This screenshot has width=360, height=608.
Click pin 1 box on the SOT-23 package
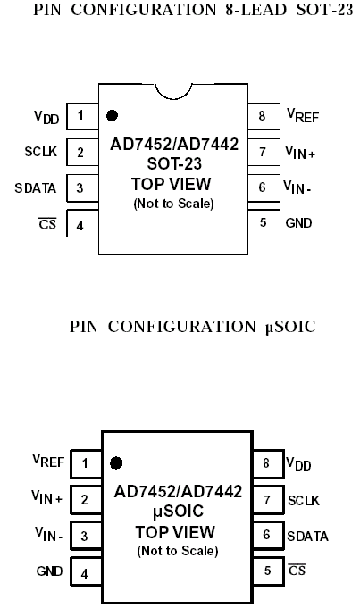coord(82,116)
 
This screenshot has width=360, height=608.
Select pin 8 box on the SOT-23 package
coord(264,116)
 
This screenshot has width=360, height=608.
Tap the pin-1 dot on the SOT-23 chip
coord(112,115)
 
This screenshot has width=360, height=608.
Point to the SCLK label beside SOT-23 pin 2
coord(41,151)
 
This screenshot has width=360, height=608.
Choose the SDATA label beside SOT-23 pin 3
coord(36,188)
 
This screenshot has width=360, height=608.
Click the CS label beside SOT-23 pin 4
coord(47,224)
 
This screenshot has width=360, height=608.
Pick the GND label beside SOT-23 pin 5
coord(298,223)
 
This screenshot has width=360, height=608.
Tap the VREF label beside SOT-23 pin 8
coord(303,115)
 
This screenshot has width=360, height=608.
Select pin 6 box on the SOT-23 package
coord(264,188)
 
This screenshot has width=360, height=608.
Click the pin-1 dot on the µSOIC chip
coord(116,462)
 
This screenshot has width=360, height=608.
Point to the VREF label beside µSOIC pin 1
coord(48,461)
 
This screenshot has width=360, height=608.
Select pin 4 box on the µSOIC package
coord(86,571)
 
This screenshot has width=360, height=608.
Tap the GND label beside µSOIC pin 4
coord(49,571)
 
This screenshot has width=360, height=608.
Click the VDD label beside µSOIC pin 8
coord(298,463)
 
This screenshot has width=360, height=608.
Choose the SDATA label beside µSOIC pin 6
coord(308,537)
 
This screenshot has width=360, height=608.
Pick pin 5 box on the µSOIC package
coord(269,571)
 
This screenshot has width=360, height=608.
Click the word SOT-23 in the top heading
coord(325,10)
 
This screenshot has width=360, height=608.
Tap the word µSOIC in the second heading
coord(290,327)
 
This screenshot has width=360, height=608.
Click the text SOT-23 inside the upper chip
coord(174,164)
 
